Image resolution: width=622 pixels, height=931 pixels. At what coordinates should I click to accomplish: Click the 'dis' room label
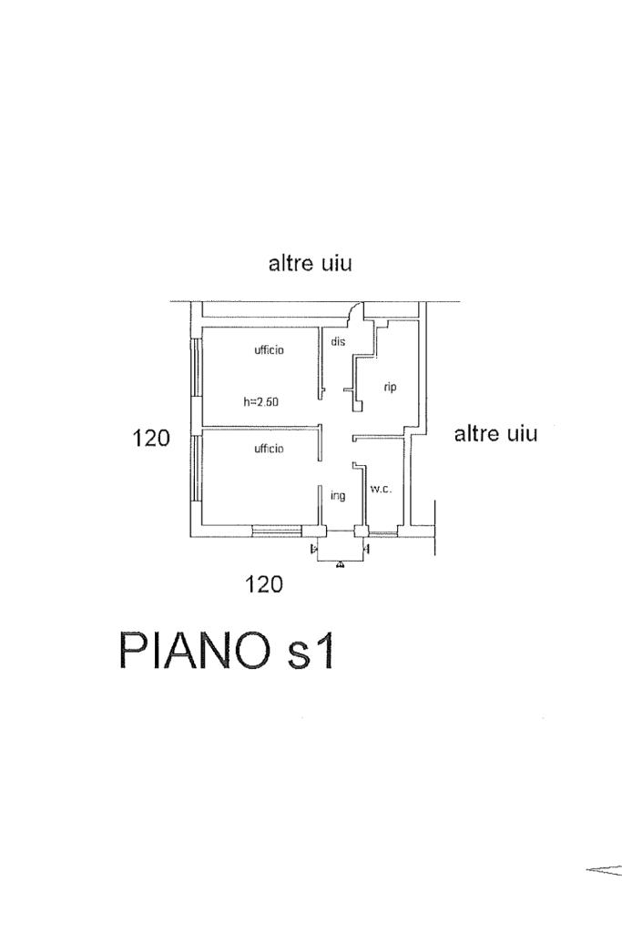pyautogui.click(x=338, y=341)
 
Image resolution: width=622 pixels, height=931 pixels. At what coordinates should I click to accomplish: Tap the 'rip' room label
pyautogui.click(x=390, y=388)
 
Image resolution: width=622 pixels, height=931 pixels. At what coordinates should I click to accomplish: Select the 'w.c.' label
pyautogui.click(x=381, y=490)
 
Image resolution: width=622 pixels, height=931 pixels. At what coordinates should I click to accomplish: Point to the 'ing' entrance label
pyautogui.click(x=338, y=496)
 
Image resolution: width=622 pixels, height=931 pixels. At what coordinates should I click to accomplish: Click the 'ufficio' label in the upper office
pyautogui.click(x=270, y=349)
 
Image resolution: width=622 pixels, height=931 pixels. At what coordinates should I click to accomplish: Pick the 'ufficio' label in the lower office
pyautogui.click(x=270, y=449)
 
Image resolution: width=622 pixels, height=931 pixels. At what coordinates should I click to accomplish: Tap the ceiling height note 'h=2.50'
pyautogui.click(x=260, y=402)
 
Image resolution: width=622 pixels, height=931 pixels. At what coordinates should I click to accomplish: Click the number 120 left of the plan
pyautogui.click(x=151, y=438)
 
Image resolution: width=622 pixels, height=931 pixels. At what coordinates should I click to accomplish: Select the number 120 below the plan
pyautogui.click(x=264, y=585)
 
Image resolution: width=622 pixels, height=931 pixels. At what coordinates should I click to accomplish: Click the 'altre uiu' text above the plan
pyautogui.click(x=311, y=263)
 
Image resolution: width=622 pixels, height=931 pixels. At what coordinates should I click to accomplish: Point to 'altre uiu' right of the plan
pyautogui.click(x=496, y=433)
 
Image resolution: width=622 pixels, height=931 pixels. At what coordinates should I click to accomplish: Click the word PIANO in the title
pyautogui.click(x=195, y=651)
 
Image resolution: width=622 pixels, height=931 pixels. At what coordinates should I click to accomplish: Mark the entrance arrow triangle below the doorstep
pyautogui.click(x=339, y=564)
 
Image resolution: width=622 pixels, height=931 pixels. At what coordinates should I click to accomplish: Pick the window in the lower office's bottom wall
pyautogui.click(x=277, y=531)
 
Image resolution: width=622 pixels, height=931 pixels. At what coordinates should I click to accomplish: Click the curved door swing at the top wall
pyautogui.click(x=355, y=310)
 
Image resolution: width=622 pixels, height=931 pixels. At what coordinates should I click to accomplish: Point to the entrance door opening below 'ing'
pyautogui.click(x=341, y=531)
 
